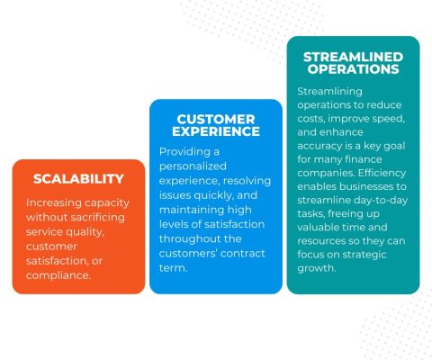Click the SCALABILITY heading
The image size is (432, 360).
click(78, 178)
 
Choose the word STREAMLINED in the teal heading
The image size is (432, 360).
click(353, 56)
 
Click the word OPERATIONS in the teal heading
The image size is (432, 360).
click(353, 69)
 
